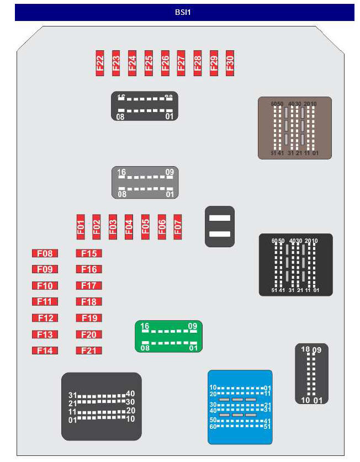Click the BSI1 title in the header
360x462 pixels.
184,12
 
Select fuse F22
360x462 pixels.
100,63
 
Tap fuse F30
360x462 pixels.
230,63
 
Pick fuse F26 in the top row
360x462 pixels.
165,63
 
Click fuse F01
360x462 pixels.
80,227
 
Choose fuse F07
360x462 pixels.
178,227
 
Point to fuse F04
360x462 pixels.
129,227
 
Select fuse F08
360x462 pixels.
45,253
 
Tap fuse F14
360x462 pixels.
45,351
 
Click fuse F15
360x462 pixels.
89,253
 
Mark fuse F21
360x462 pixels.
89,351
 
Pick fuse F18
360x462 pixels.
89,302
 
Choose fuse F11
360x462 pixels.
45,302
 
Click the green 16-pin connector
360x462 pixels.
169,336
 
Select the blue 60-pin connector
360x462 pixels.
240,407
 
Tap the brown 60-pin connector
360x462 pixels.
295,128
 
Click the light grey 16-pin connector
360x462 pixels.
145,183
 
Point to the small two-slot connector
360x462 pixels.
220,226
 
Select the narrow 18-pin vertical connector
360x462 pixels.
311,374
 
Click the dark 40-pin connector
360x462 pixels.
101,406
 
